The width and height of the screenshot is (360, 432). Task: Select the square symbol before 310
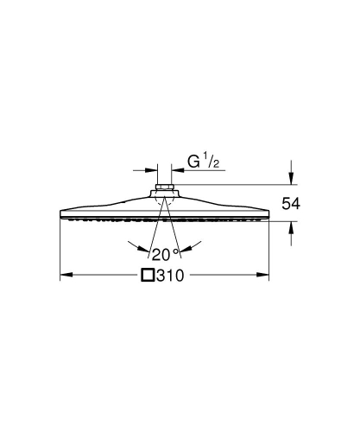(x=148, y=276)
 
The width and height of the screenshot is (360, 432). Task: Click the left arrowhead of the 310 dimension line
(x=65, y=276)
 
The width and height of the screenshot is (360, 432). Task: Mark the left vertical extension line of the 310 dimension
(x=60, y=251)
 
